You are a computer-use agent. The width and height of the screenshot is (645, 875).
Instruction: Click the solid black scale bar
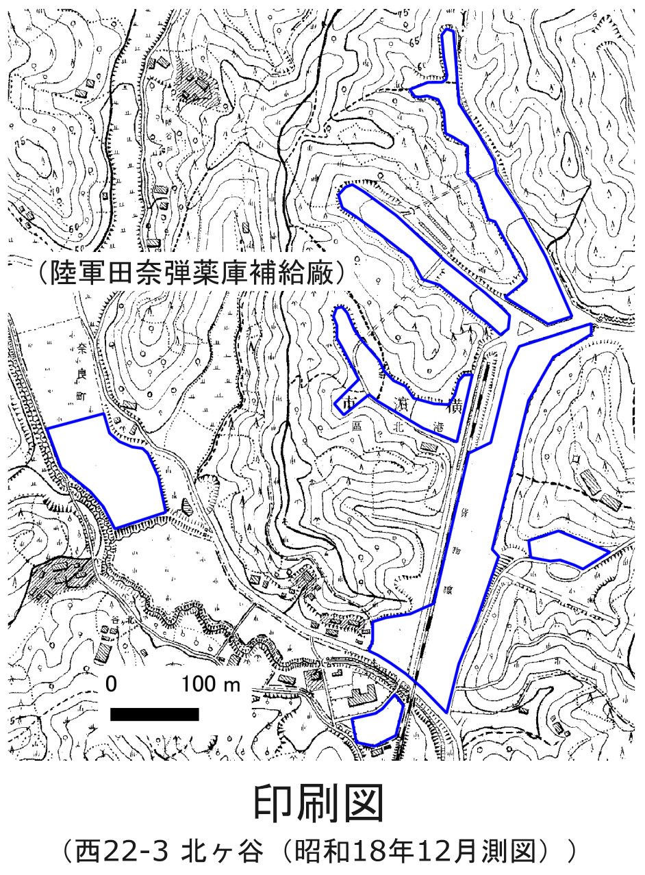coord(154,714)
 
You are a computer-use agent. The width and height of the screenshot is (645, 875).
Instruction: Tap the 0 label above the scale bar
coord(112,684)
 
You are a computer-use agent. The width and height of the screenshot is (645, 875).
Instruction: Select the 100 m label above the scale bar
coord(211,684)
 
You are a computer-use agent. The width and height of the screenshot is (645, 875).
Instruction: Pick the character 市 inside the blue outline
coord(352,401)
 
